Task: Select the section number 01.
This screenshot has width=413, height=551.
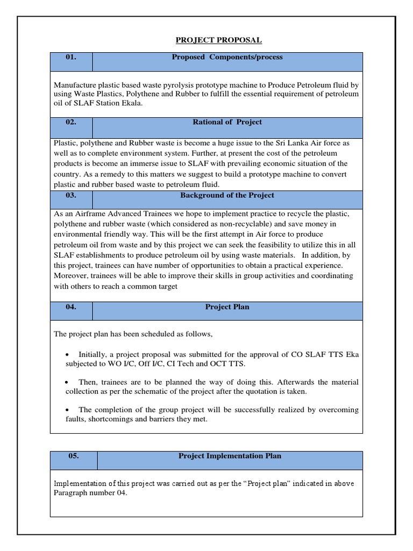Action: (71, 57)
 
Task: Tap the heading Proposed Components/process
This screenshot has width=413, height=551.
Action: (227, 57)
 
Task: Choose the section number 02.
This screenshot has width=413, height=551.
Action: (71, 122)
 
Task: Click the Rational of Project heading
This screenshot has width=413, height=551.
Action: (227, 122)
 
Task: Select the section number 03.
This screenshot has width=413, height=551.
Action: (71, 195)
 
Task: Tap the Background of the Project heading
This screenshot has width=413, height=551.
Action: (227, 195)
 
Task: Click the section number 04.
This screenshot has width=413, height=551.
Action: (71, 307)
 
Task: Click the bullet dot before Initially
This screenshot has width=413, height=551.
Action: (67, 355)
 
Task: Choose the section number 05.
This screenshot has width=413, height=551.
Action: (74, 456)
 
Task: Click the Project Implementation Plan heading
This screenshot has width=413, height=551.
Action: (230, 456)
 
